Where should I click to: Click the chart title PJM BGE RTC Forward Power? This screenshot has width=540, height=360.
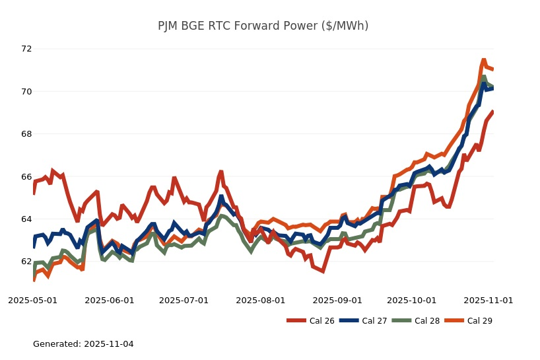click(x=263, y=26)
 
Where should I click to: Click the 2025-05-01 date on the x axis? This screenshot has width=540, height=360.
click(x=32, y=300)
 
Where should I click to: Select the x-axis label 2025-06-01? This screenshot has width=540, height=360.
click(x=109, y=300)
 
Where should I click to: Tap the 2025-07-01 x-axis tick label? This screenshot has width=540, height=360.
click(x=184, y=300)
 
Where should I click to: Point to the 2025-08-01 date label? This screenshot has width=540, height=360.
click(x=260, y=300)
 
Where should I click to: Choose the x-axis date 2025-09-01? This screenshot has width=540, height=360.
click(x=337, y=300)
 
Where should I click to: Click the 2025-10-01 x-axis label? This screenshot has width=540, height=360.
click(x=411, y=300)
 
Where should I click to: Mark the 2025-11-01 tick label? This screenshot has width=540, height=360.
click(x=488, y=300)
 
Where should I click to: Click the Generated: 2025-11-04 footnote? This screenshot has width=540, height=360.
click(x=83, y=344)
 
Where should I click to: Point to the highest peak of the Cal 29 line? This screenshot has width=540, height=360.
click(x=484, y=59)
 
